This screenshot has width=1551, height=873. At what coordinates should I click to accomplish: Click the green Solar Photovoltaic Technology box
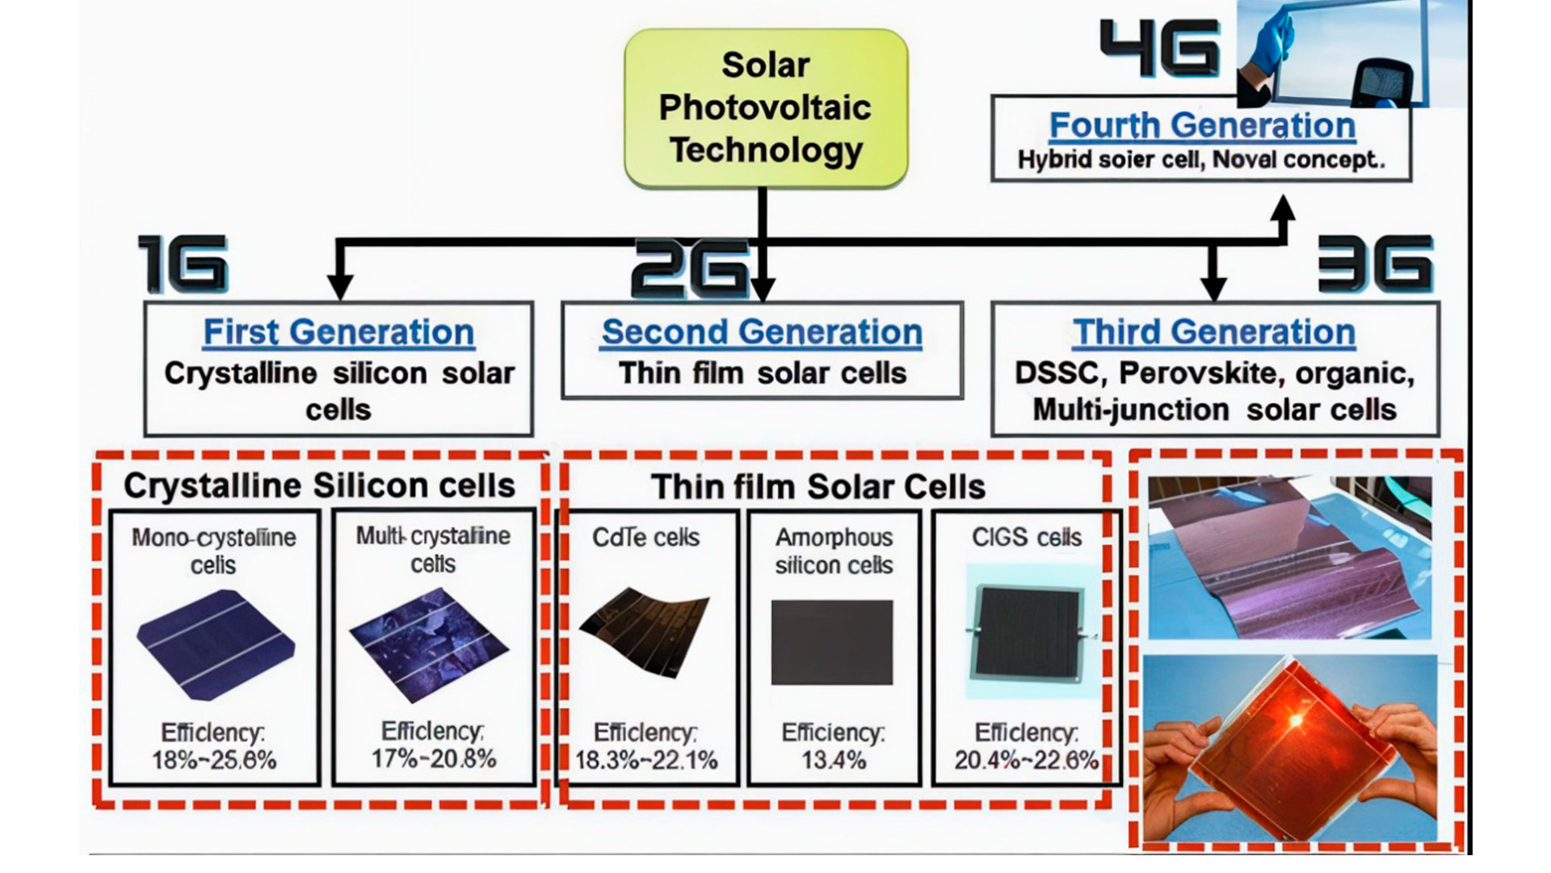tap(766, 109)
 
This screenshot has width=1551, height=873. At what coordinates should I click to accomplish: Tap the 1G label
tap(183, 264)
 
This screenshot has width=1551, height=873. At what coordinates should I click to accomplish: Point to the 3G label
tap(1375, 264)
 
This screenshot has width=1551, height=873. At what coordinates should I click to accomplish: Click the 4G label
tap(1160, 48)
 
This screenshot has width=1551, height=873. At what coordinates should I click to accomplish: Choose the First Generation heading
tap(338, 332)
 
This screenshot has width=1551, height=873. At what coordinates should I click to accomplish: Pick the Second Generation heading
tap(762, 332)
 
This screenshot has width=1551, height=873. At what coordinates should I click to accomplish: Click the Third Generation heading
tap(1214, 332)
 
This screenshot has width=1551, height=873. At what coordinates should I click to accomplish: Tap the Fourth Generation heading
tap(1202, 125)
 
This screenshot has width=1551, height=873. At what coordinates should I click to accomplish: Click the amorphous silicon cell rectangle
tap(832, 643)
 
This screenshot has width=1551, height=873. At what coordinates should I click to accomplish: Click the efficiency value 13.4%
tap(834, 760)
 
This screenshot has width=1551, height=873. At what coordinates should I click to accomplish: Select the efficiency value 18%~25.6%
tap(214, 760)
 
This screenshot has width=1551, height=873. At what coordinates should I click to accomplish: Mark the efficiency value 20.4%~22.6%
tap(1027, 760)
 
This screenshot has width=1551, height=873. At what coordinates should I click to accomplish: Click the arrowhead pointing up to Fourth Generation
tap(1281, 208)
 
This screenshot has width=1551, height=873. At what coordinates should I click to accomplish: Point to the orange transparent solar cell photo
tap(1290, 748)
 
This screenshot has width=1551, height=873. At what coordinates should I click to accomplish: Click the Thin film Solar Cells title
tap(818, 487)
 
